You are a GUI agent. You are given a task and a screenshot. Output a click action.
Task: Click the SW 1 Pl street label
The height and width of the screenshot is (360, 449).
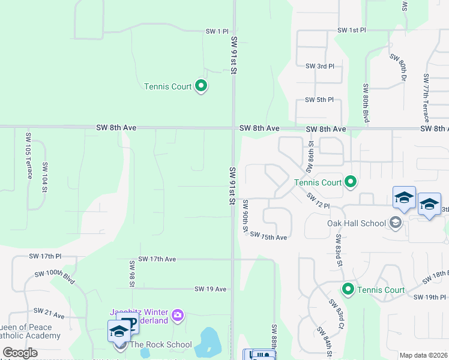[x=217, y=31]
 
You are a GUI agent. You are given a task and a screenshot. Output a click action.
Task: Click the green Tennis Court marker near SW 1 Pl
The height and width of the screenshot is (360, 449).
[x=202, y=86]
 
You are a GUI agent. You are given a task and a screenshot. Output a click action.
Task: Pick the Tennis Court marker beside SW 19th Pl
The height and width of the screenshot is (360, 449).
[x=348, y=290]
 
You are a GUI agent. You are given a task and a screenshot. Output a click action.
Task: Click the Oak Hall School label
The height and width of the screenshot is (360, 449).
[x=356, y=223]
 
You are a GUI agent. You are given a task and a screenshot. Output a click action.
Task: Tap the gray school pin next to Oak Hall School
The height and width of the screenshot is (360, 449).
[x=396, y=223]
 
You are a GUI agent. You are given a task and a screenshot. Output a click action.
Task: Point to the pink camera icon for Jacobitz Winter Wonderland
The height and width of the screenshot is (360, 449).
[x=177, y=315]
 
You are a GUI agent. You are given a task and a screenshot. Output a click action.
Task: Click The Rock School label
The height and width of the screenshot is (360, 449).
[x=161, y=344]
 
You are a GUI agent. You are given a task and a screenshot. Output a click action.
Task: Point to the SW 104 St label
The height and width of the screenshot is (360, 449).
[x=44, y=177]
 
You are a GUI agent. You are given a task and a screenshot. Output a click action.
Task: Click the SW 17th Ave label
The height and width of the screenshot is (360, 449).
[x=157, y=259]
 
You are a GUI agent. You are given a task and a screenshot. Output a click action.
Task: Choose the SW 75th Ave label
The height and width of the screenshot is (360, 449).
[x=269, y=236]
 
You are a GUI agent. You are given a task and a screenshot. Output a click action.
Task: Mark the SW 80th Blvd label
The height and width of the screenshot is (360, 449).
[x=365, y=104]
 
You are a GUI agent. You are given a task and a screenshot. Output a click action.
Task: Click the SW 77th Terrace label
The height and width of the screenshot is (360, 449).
[x=426, y=98]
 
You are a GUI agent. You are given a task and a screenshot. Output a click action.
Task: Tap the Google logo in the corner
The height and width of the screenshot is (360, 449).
[x=20, y=353]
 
